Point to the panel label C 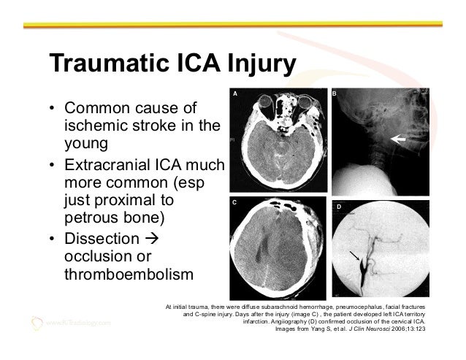point(235,200)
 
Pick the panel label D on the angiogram point(337,208)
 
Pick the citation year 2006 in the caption point(397,329)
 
